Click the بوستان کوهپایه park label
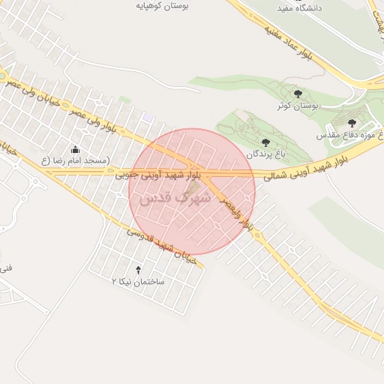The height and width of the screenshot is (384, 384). (x=164, y=4)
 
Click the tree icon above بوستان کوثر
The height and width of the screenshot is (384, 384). (x=298, y=94)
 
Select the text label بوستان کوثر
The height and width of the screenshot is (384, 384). (x=298, y=106)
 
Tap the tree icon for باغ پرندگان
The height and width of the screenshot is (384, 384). (x=264, y=141)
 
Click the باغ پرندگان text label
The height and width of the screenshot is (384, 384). (x=263, y=153)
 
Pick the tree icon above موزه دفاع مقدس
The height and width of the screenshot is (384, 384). (x=352, y=122)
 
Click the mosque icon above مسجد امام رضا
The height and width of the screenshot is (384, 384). (x=74, y=148)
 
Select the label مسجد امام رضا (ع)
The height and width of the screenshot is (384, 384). (x=75, y=160)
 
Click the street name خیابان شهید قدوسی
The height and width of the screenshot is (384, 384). (x=160, y=244)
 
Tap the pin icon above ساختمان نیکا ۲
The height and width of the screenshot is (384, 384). (x=137, y=268)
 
